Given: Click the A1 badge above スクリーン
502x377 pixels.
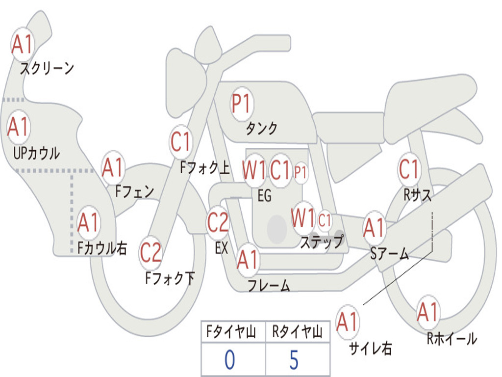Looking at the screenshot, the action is click(22, 45).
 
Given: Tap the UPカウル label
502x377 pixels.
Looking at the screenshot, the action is click(36, 153).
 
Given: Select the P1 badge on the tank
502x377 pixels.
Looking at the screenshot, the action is click(241, 104).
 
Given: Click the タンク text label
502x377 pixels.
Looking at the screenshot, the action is click(261, 129).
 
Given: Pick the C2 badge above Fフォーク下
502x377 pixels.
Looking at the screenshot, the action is click(151, 253).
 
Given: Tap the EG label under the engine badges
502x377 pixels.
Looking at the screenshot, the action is click(264, 195).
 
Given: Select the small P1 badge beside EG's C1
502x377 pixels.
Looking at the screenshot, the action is click(301, 172).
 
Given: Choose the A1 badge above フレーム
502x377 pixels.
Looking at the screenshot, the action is click(248, 259).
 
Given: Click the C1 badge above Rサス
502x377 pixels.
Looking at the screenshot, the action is click(409, 169).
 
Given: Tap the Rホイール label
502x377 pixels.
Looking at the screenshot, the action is click(452, 338).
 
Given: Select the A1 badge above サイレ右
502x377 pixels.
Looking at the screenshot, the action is click(348, 322).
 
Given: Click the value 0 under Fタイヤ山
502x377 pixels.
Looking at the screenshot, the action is click(229, 360).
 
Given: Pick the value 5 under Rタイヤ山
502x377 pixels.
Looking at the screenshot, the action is click(294, 360).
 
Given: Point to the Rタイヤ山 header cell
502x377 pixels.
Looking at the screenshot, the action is click(297, 333).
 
